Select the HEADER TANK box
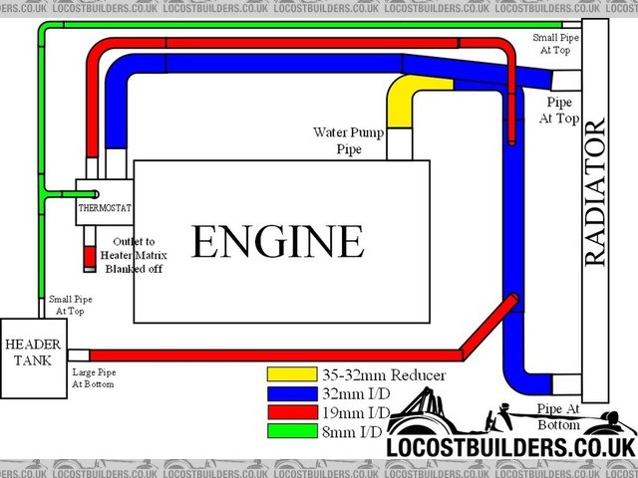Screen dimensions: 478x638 coord(33,352)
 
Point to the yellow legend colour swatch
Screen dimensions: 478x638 coord(286,375)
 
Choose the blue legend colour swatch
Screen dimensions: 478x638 coord(286,393)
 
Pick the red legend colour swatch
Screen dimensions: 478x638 coord(286,412)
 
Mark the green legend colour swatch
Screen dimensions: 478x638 coord(286,430)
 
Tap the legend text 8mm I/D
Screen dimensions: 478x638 coord(356,430)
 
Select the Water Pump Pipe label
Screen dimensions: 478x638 coord(349,140)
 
